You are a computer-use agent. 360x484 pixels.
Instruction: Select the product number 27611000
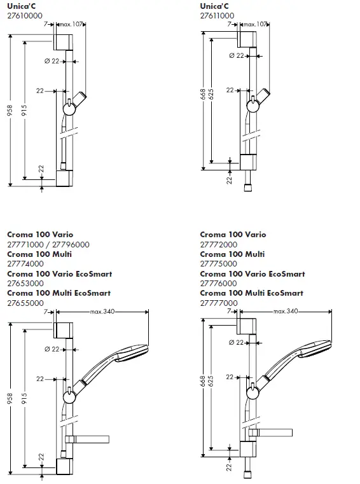click(217, 16)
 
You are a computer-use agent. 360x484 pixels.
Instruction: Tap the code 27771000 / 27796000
click(48, 244)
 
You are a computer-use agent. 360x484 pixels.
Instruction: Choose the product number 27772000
click(218, 244)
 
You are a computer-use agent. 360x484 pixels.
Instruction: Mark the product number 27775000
click(218, 264)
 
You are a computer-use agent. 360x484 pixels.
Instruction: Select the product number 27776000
click(218, 284)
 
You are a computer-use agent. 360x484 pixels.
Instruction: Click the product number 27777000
click(218, 303)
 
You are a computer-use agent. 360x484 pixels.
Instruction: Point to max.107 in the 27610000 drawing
click(71, 24)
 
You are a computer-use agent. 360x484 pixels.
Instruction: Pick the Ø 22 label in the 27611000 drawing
click(235, 56)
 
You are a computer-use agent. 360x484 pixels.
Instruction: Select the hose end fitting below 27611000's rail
click(247, 188)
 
